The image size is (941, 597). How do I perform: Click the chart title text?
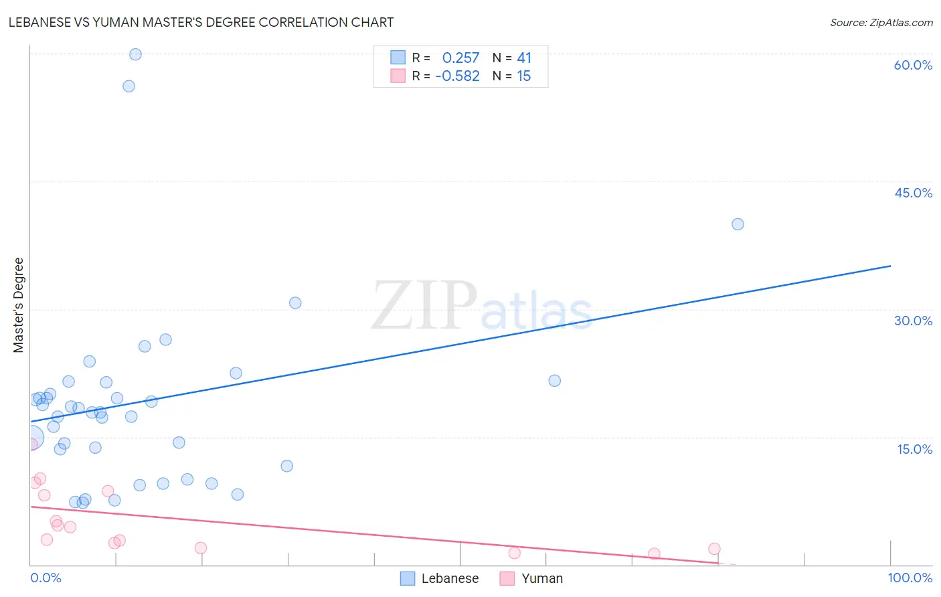(x=201, y=22)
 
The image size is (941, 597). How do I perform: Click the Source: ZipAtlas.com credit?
(x=881, y=22)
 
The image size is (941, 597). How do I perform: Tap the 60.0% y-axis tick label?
(x=913, y=65)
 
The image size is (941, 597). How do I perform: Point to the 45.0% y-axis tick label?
(x=913, y=193)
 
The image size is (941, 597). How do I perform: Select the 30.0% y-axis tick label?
(x=913, y=321)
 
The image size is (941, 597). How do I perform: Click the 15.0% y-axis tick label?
(x=914, y=449)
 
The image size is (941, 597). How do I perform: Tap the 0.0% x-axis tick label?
(x=46, y=578)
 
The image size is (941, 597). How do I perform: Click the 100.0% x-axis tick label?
(x=910, y=578)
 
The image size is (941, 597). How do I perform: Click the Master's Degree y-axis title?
(x=19, y=305)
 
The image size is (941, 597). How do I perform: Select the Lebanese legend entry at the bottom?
(x=440, y=578)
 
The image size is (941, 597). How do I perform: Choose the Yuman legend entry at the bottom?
(x=531, y=578)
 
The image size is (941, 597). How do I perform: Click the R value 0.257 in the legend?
(x=460, y=58)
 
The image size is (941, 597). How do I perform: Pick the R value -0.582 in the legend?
(x=457, y=76)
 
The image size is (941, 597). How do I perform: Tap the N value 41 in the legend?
(x=523, y=58)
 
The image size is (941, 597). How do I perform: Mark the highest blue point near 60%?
(x=135, y=54)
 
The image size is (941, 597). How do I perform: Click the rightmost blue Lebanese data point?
(x=738, y=224)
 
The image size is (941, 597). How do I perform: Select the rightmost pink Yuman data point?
(x=714, y=549)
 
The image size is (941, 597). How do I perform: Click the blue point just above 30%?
(x=295, y=303)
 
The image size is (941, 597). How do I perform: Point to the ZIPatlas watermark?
(x=482, y=307)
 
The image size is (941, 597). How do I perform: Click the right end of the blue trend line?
(x=890, y=266)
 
